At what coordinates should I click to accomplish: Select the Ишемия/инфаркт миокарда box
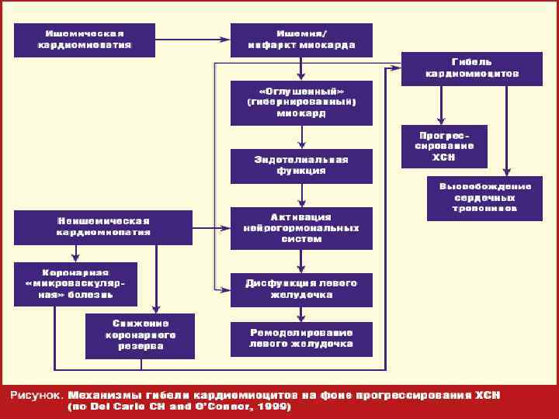tap(301, 40)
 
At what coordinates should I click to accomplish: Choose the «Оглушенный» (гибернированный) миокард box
tap(301, 102)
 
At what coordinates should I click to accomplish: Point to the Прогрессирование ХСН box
tap(443, 146)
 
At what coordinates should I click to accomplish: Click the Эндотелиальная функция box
tap(301, 165)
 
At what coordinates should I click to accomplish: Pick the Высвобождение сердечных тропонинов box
tap(484, 198)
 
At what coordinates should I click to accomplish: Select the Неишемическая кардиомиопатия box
tap(103, 227)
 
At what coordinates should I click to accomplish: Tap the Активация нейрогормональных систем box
tap(301, 228)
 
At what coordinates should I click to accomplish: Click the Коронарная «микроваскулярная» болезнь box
tap(75, 285)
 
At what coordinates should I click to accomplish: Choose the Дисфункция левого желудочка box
tap(301, 289)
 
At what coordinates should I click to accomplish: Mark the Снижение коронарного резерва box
tap(141, 335)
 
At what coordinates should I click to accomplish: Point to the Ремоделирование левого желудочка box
tap(301, 338)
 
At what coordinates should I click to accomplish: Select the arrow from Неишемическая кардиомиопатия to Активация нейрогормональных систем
tap(211, 227)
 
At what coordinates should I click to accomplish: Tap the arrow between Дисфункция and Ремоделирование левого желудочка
tap(301, 313)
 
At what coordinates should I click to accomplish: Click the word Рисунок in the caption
tap(34, 395)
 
